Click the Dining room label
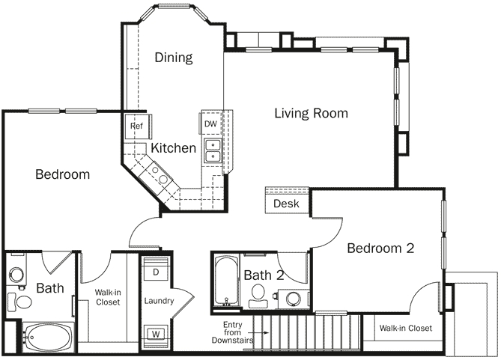(x=174, y=58)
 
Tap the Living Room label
(x=311, y=114)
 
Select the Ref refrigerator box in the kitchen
(x=136, y=126)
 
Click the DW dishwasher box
(x=210, y=123)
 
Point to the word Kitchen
(x=174, y=148)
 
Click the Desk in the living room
(x=287, y=203)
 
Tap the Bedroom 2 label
(x=380, y=248)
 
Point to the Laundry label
(x=159, y=301)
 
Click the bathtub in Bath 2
(x=224, y=282)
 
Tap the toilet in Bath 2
(x=260, y=293)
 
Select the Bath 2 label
(x=264, y=275)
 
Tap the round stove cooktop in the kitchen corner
(x=159, y=174)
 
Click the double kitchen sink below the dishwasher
(x=213, y=151)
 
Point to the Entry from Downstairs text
(x=237, y=332)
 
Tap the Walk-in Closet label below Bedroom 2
(x=405, y=328)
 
